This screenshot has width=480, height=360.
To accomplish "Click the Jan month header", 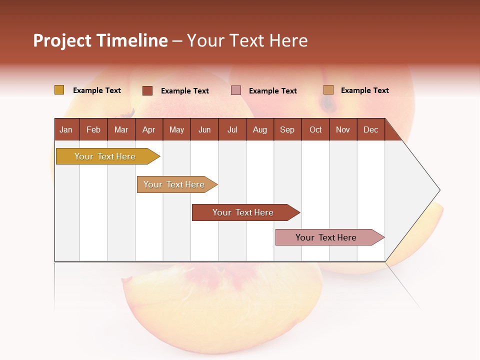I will (66, 130).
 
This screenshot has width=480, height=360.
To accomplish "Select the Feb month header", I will (93, 130).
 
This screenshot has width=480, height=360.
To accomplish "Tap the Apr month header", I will (148, 130).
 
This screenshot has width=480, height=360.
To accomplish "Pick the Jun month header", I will (204, 130).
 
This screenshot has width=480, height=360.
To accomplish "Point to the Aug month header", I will (259, 130).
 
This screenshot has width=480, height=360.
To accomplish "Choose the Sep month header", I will (287, 130).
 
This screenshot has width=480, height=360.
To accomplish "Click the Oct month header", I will (315, 130).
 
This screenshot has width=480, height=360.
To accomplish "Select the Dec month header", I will (370, 130).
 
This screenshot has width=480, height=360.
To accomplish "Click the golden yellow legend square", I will (59, 90).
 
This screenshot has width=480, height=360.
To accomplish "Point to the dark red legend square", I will (147, 90).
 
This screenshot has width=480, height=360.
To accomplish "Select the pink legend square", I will (236, 90).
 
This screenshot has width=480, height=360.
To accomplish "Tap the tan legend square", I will (328, 90).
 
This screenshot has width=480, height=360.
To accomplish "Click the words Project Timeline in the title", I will (100, 40).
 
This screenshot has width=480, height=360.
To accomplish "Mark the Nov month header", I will (343, 130).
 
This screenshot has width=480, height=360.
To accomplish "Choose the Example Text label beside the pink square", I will (272, 91).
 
